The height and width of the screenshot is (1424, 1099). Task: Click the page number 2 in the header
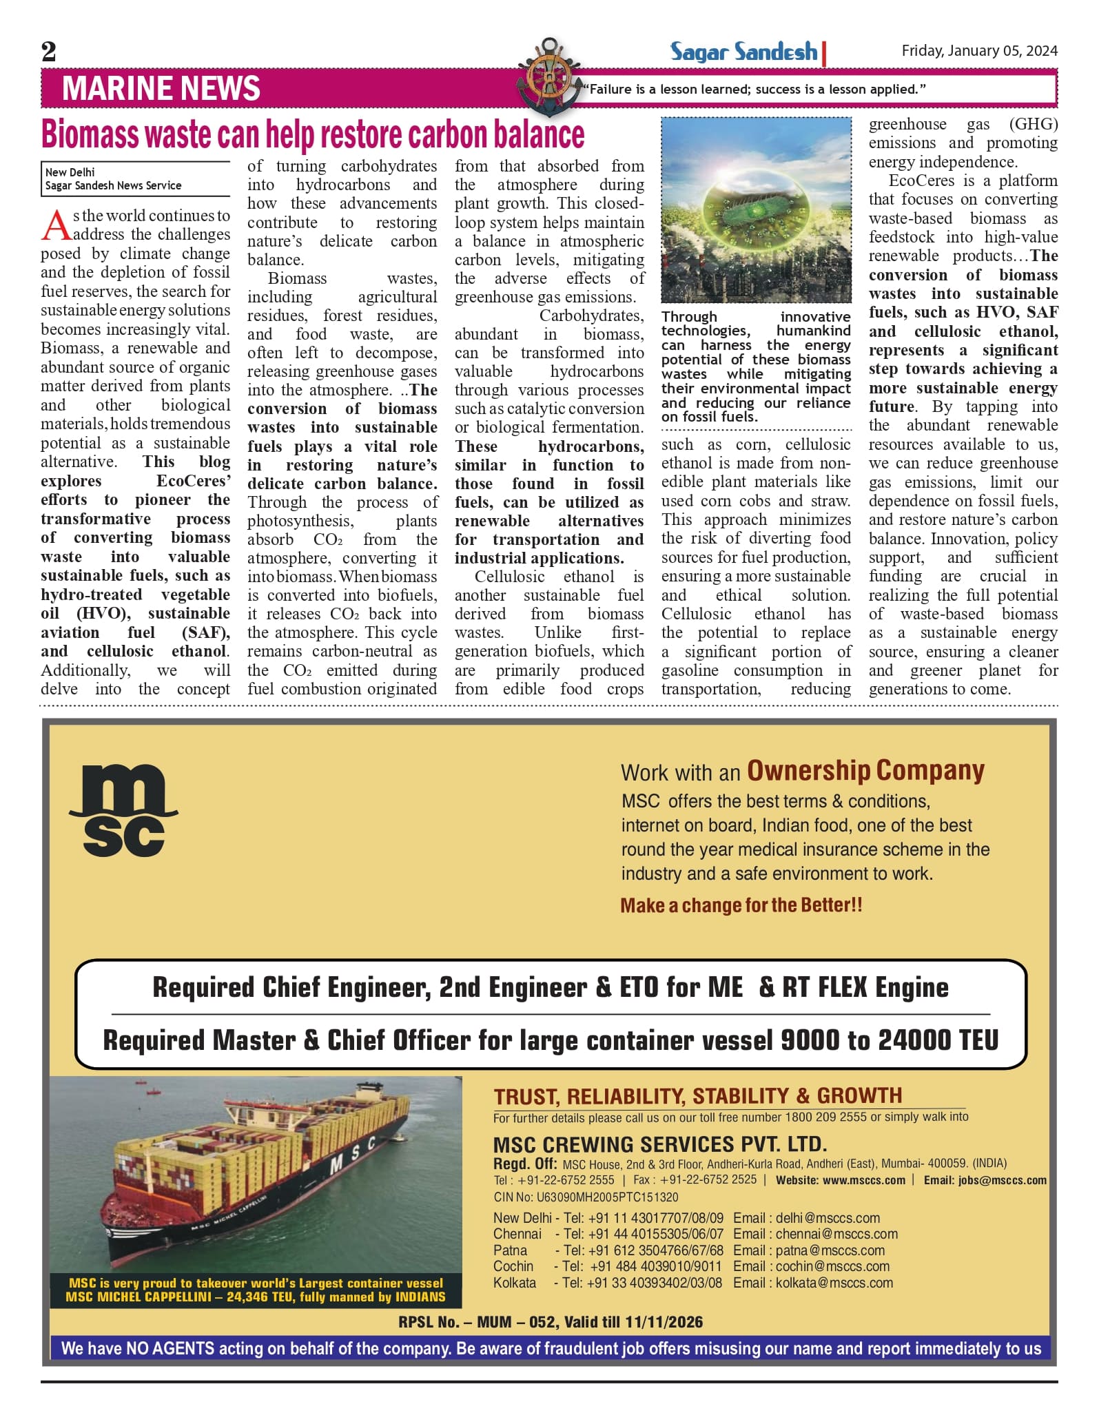point(49,52)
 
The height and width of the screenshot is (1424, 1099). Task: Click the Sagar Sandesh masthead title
point(743,52)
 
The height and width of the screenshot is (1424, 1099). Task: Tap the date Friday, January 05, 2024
point(979,51)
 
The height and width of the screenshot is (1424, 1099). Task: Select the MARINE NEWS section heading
point(161,89)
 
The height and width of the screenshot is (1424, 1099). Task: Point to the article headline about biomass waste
point(313,134)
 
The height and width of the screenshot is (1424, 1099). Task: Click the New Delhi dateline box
point(135,179)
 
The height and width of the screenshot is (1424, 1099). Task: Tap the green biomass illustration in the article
point(756,210)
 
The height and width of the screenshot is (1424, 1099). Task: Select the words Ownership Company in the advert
point(865,771)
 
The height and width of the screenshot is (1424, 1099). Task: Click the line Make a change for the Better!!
point(741,905)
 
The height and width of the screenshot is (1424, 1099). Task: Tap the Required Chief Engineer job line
point(550,987)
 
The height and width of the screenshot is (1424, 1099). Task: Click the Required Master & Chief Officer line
point(550,1040)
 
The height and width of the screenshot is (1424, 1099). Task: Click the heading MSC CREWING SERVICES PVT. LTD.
point(659,1145)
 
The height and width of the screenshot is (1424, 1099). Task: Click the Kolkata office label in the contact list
point(515,1283)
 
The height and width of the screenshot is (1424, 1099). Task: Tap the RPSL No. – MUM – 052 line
point(550,1322)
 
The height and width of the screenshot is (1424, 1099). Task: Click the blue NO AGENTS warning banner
point(550,1348)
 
